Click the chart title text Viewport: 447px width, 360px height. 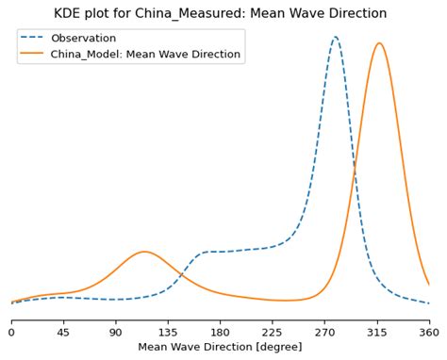tap(220, 14)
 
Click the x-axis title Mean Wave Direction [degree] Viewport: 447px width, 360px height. tap(220, 347)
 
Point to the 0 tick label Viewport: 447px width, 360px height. tap(11, 332)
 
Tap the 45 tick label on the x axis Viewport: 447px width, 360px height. tap(63, 332)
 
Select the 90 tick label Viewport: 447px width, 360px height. tap(116, 332)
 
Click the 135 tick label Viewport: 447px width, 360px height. tap(168, 332)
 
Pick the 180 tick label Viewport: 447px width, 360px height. tap(220, 332)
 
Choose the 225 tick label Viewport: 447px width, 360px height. tap(273, 332)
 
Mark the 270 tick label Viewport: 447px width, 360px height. tap(324, 332)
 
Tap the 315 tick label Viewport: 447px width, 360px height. tap(377, 332)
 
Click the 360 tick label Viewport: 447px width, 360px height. tap(429, 332)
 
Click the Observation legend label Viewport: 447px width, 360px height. tap(83, 39)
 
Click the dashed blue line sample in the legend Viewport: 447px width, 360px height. tap(34, 39)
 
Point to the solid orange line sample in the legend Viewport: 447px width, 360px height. tap(34, 55)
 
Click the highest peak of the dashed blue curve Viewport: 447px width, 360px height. tap(336, 38)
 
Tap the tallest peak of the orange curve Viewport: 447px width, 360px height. tap(378, 43)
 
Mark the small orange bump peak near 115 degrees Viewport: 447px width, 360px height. tap(143, 252)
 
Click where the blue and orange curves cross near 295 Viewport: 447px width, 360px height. tap(355, 170)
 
